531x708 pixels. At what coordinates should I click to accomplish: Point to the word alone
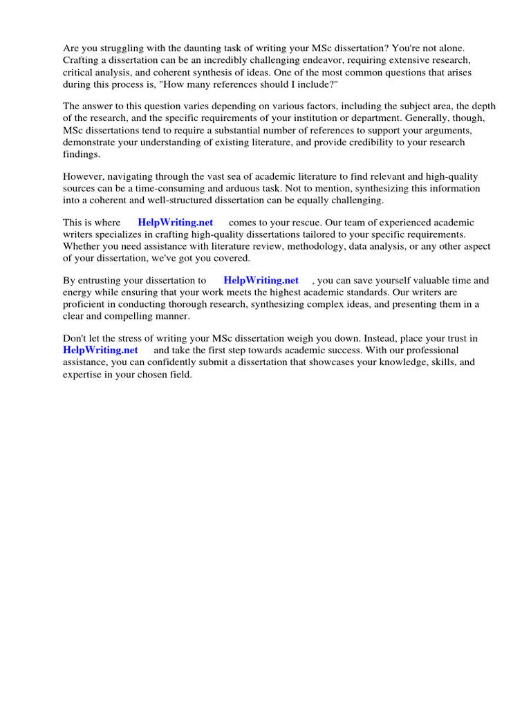451,48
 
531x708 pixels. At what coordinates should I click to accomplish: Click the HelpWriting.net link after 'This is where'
175,223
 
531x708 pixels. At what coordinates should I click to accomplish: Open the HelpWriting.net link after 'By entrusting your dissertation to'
261,281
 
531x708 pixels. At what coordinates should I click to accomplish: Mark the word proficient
86,304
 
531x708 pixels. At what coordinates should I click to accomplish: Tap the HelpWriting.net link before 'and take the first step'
100,351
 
